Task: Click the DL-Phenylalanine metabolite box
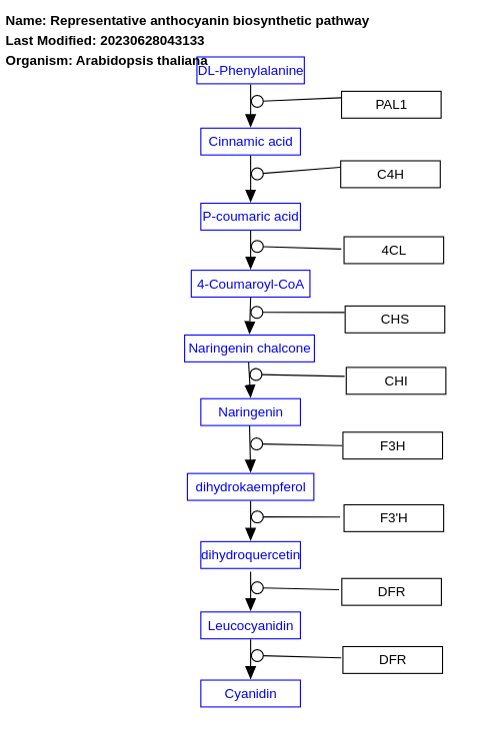click(x=250, y=70)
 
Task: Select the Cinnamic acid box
click(x=250, y=142)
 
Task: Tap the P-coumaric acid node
click(x=250, y=217)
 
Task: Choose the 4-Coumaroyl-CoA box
click(x=250, y=284)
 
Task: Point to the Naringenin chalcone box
click(x=249, y=349)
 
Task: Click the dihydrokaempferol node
click(x=250, y=487)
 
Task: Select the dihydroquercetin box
click(x=250, y=555)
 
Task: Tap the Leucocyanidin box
click(x=250, y=626)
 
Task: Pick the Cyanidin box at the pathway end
click(x=250, y=694)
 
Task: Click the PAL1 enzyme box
click(x=391, y=105)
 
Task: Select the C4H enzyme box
click(x=390, y=175)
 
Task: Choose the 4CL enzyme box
click(x=393, y=251)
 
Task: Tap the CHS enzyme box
click(x=394, y=320)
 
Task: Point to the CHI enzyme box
click(x=395, y=381)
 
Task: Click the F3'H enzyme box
click(x=393, y=518)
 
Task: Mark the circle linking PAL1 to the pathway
click(x=257, y=101)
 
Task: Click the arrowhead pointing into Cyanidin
click(x=250, y=673)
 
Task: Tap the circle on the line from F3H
click(x=257, y=443)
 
